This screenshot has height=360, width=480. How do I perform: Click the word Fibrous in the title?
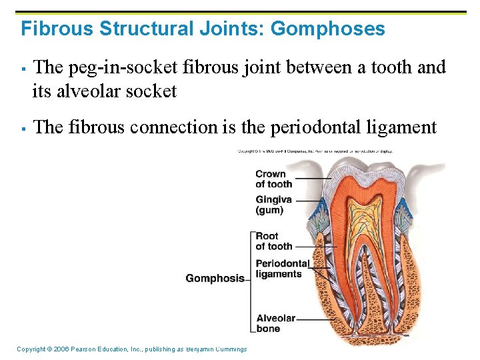point(57,29)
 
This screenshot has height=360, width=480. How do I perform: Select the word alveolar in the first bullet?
point(86,91)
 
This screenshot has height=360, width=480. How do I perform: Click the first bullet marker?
point(23,69)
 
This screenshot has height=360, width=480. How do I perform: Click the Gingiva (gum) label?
point(273,205)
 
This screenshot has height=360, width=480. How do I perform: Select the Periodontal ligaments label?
point(282,269)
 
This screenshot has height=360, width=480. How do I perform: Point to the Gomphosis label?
point(215,278)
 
